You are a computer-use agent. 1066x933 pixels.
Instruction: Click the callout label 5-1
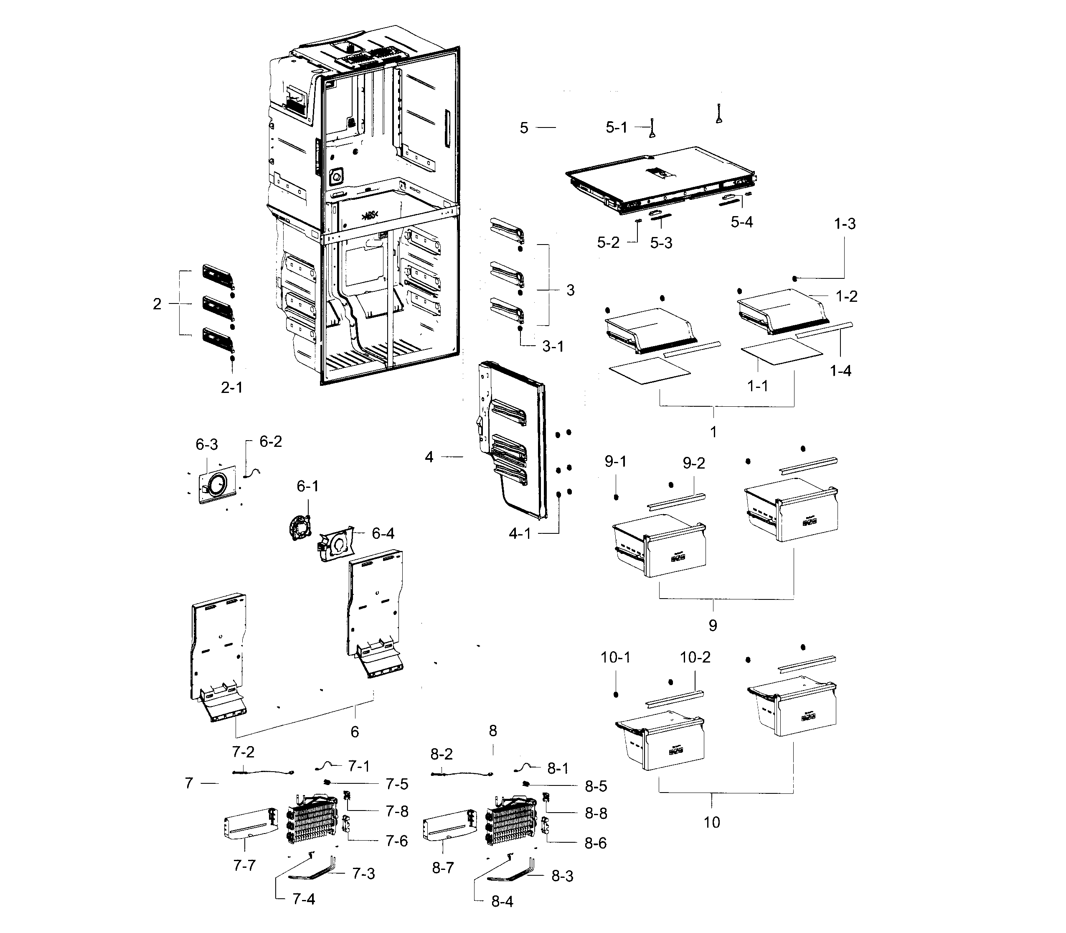616,127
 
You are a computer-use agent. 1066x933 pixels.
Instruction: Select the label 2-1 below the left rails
231,387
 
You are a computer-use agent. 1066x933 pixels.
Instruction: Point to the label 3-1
553,346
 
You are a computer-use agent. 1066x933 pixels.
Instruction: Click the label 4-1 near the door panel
519,534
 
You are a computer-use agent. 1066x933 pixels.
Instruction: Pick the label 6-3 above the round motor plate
206,445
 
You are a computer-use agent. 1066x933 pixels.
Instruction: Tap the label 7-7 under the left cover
244,865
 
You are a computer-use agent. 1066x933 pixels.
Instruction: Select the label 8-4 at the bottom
502,902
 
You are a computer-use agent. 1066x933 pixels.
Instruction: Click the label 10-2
695,657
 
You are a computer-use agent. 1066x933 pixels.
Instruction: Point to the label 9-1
615,462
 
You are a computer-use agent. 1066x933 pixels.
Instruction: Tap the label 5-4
741,222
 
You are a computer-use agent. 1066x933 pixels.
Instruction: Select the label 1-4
840,371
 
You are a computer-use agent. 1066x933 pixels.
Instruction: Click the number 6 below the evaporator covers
355,732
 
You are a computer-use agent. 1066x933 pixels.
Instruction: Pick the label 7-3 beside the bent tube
363,873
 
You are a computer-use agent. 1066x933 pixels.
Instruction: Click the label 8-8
596,813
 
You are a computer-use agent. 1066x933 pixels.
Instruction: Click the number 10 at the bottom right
712,822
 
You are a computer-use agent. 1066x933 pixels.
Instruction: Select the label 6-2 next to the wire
271,441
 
